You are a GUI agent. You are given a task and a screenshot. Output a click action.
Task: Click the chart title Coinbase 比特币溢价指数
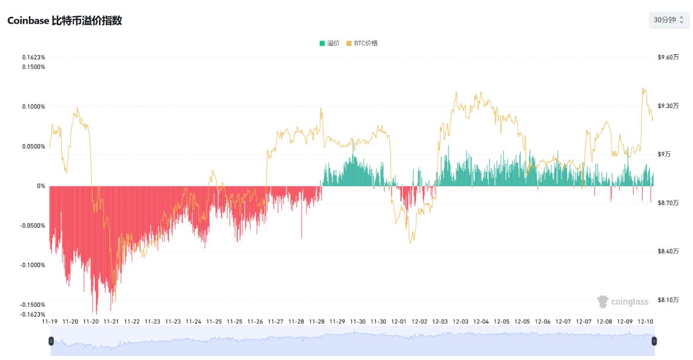tap(64, 20)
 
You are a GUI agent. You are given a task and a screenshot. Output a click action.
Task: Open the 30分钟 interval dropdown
tap(668, 20)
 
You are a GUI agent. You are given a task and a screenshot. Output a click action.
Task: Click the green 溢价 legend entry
tap(329, 43)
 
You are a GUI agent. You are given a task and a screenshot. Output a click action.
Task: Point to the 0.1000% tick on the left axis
tap(33, 106)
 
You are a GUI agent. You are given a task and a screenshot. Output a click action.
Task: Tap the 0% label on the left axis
tap(40, 186)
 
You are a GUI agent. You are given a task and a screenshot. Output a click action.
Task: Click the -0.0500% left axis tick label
tap(32, 225)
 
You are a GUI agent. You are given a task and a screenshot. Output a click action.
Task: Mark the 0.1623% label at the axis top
tap(33, 57)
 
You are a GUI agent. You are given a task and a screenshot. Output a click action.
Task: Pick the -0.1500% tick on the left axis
tap(32, 305)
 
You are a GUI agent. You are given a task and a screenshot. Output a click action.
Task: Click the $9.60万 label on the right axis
tap(668, 57)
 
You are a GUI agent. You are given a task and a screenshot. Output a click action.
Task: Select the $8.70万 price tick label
tap(668, 203)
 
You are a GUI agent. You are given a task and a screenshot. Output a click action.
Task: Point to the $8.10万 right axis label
tap(668, 299)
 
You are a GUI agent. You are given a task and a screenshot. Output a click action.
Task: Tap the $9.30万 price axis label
tap(668, 106)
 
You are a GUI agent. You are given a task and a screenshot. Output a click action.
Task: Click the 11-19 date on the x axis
tap(50, 321)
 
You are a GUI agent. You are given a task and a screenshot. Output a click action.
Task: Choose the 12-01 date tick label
tap(399, 321)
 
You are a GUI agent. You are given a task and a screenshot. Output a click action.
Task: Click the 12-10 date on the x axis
tap(645, 321)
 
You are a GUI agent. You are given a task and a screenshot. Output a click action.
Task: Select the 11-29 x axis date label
tap(337, 321)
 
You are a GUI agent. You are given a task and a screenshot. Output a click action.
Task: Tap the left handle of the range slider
tap(51, 341)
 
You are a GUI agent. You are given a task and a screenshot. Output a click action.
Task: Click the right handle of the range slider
tap(654, 341)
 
